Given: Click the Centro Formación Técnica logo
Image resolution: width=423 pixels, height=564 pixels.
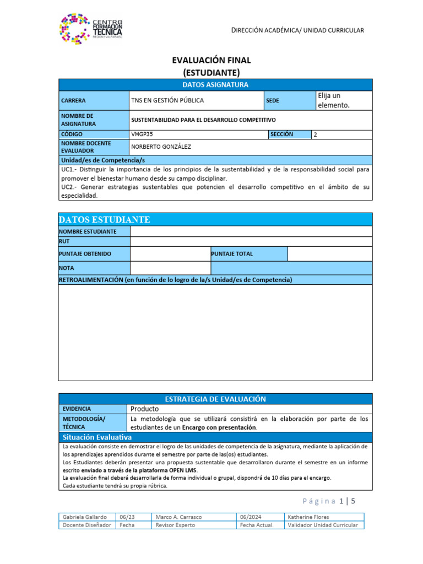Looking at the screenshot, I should point(91,27).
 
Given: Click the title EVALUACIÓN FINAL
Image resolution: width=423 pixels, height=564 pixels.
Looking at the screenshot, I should point(211,61).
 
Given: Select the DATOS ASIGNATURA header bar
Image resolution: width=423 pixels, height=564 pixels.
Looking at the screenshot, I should point(215,85).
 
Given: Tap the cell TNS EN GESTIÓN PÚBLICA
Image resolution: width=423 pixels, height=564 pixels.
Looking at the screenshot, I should point(167,100).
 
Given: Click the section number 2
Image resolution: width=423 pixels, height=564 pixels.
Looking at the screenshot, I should point(315,134).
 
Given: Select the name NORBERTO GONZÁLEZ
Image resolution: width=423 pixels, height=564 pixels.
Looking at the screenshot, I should point(161,147).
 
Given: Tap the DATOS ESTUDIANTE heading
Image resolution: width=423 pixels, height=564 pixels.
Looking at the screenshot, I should point(104,220).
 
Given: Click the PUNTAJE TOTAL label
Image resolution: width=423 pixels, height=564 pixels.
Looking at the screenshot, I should point(232,254).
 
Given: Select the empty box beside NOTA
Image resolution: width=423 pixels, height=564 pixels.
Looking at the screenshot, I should point(169,268).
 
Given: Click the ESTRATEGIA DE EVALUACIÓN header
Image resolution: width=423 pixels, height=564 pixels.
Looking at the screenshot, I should point(215,399).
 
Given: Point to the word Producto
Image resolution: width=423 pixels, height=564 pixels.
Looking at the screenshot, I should point(144,409).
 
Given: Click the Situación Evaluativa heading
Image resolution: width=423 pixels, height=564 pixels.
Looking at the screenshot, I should point(97,437).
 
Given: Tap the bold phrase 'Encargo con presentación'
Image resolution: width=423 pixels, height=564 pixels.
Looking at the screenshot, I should point(220,427).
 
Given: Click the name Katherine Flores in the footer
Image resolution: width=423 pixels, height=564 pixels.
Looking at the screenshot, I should point(308,517).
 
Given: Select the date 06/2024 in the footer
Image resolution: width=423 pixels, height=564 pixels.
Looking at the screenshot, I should point(250,517).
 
